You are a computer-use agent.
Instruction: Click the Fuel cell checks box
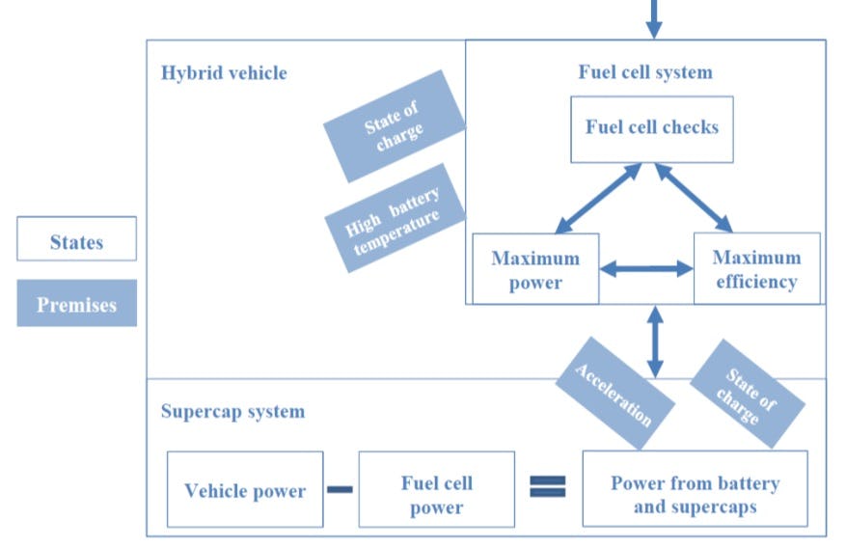pyautogui.click(x=651, y=128)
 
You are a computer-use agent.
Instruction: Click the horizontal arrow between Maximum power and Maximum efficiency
pyautogui.click(x=646, y=268)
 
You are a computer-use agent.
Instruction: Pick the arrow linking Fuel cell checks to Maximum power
pyautogui.click(x=598, y=198)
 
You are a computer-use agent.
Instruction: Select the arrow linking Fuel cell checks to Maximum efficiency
pyautogui.click(x=695, y=198)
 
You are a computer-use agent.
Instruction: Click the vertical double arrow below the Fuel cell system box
pyautogui.click(x=655, y=342)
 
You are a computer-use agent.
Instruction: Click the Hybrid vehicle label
pyautogui.click(x=224, y=73)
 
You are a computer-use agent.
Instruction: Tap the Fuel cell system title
pyautogui.click(x=645, y=72)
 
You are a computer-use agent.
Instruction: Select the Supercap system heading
pyautogui.click(x=232, y=412)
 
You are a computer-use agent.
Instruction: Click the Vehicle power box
pyautogui.click(x=245, y=490)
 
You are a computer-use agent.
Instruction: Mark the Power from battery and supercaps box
pyautogui.click(x=695, y=492)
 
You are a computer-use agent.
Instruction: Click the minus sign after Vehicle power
pyautogui.click(x=340, y=489)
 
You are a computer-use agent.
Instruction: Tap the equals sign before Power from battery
pyautogui.click(x=547, y=487)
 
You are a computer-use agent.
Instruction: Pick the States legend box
pyautogui.click(x=76, y=240)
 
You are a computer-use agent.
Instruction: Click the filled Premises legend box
pyautogui.click(x=76, y=304)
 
